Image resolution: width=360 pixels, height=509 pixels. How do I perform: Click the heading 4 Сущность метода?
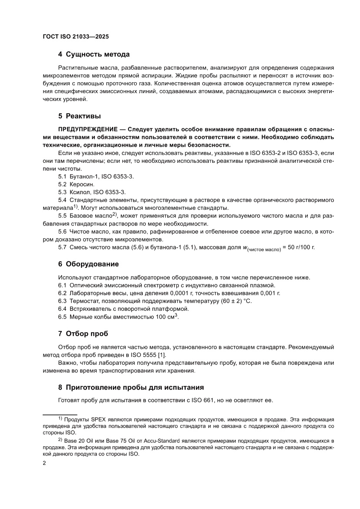click(x=94, y=54)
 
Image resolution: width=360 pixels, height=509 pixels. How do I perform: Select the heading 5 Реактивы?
click(x=79, y=116)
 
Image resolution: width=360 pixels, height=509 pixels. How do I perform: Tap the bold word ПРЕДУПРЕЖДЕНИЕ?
click(x=87, y=130)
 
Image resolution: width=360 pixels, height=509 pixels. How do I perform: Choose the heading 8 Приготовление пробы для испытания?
click(x=131, y=387)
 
